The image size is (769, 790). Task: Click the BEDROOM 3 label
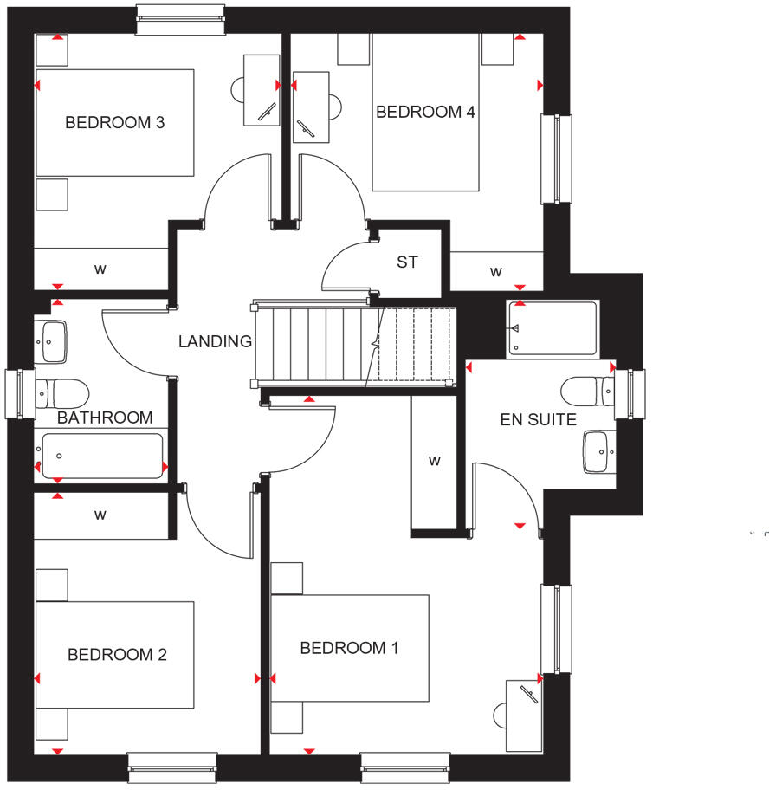[115, 123]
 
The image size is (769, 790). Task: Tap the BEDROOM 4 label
[425, 112]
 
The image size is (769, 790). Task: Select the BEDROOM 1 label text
[349, 648]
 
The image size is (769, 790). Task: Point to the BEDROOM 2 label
[117, 655]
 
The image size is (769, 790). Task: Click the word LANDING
[215, 342]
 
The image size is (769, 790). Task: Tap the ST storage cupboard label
[407, 262]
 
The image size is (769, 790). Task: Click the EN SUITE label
[538, 420]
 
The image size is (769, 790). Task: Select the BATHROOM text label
[105, 418]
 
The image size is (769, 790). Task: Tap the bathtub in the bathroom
[101, 456]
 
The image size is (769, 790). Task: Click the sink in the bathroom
[52, 342]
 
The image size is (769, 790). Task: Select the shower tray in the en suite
[553, 328]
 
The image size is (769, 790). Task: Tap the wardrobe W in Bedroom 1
[435, 461]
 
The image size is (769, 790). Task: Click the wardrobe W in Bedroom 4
[496, 271]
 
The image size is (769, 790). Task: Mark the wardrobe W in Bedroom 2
[100, 515]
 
